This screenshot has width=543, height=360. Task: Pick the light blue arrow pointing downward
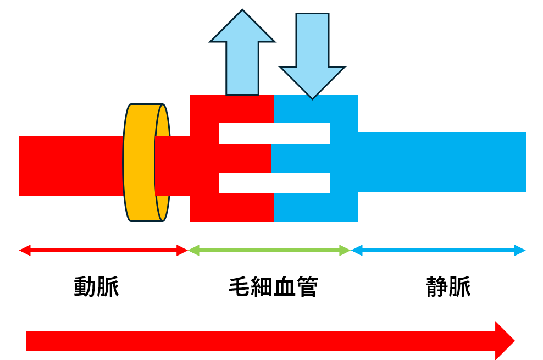point(312,55)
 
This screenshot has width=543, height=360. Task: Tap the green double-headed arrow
point(269,251)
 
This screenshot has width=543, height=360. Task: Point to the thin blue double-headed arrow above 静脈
point(439,251)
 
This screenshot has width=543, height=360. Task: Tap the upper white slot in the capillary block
point(274,134)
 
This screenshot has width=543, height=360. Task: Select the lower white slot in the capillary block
point(274,183)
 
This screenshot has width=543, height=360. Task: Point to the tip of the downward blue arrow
point(312,98)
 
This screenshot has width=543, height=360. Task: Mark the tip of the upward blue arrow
point(242,11)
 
